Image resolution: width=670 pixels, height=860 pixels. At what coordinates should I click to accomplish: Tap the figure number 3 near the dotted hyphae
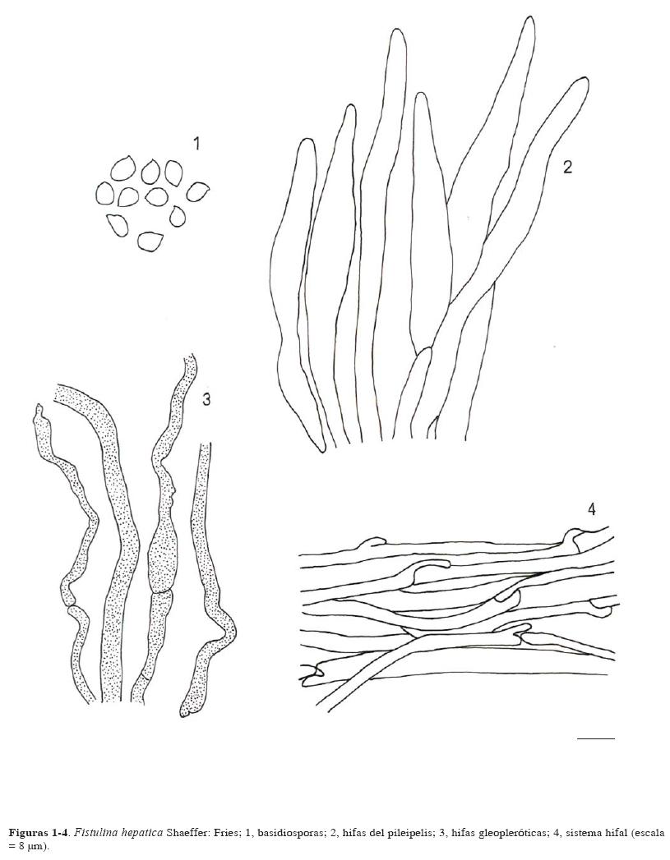coord(206,400)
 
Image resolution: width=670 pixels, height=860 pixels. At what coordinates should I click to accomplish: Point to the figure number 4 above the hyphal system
coord(590,509)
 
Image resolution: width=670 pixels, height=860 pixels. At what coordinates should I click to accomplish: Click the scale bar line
coord(596,738)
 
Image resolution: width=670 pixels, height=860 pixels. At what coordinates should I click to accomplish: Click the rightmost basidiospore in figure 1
coord(198,191)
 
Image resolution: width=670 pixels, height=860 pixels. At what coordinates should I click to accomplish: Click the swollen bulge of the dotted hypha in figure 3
coord(164,559)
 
